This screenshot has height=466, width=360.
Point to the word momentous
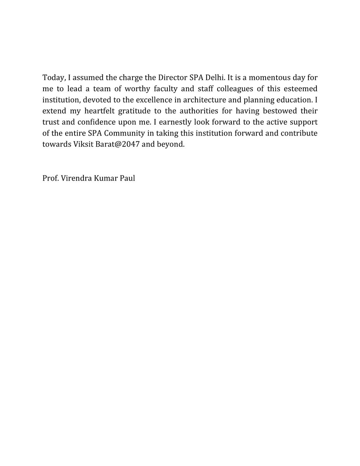264,77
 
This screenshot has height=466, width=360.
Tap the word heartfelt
103,111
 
